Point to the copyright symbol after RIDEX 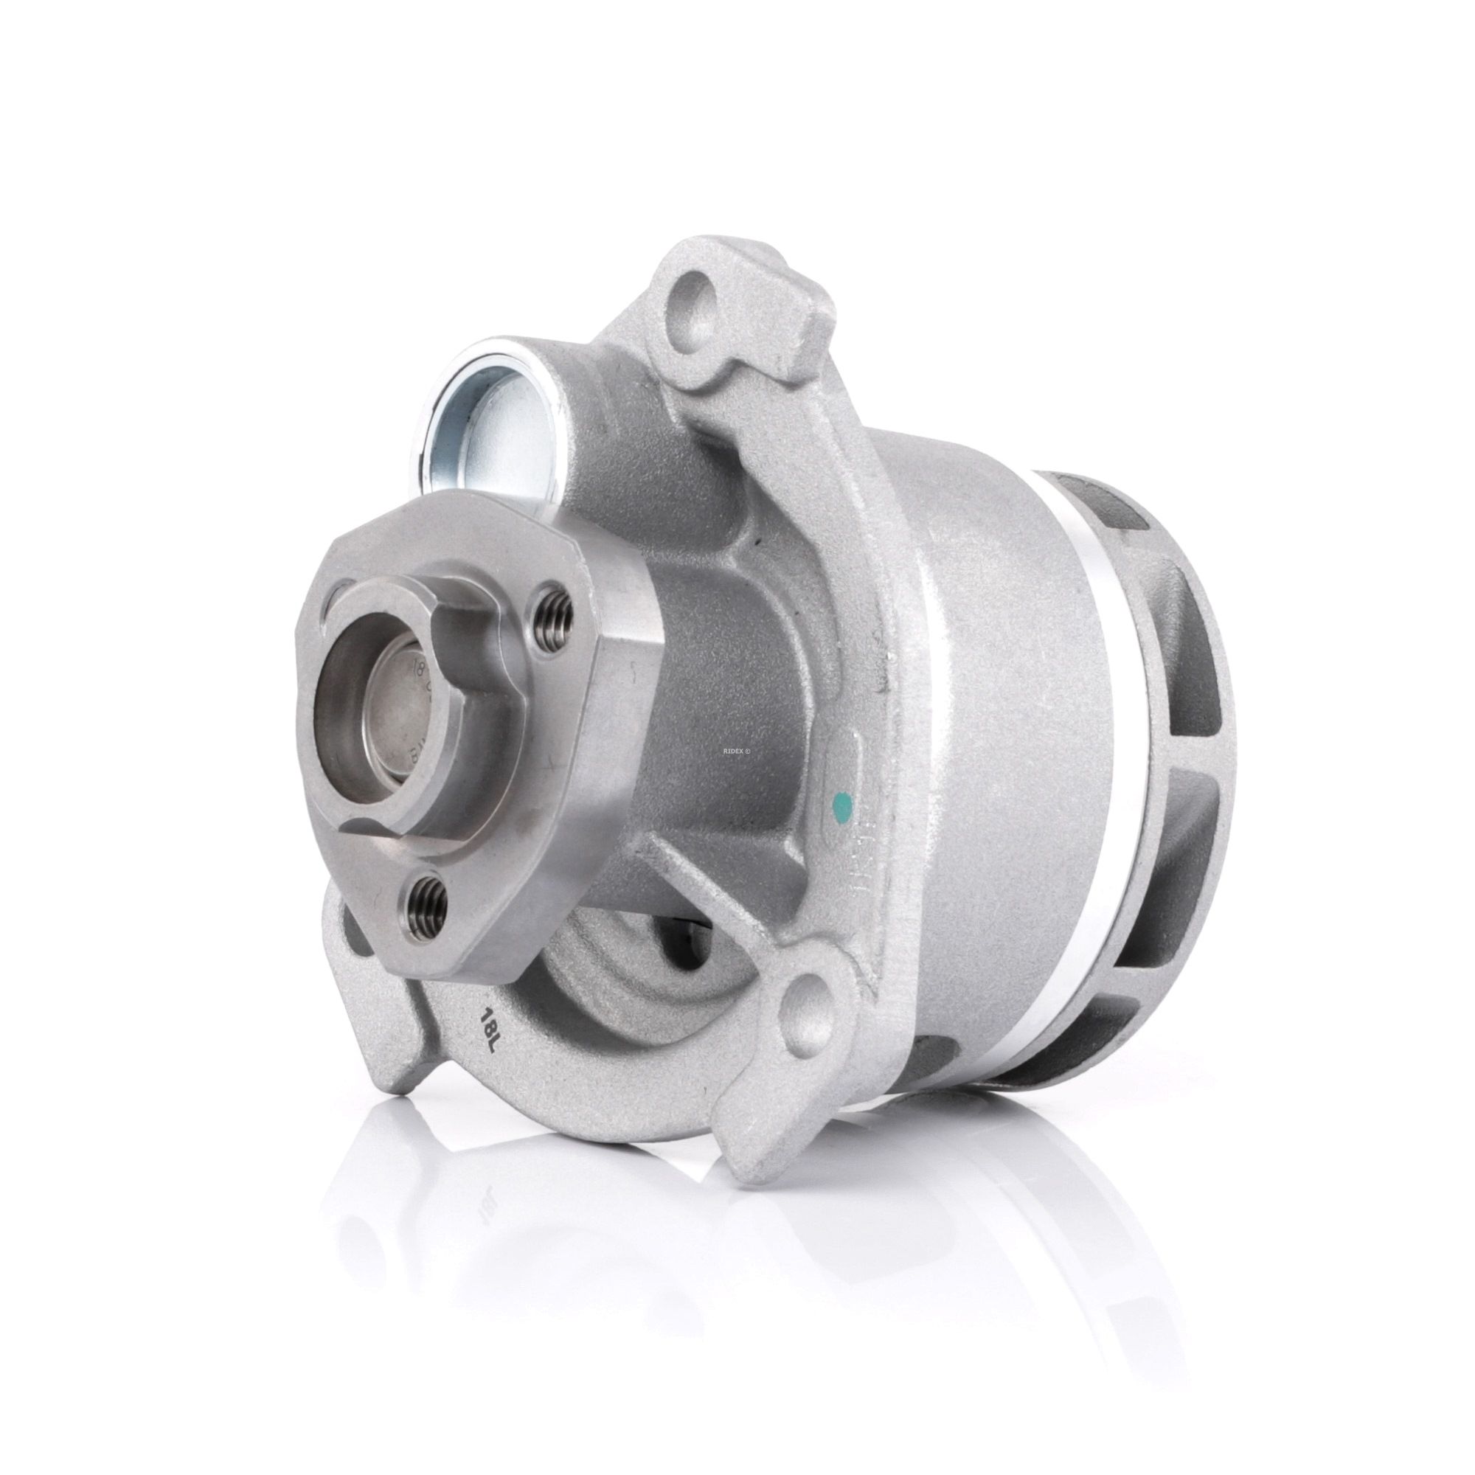tap(748, 707)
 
